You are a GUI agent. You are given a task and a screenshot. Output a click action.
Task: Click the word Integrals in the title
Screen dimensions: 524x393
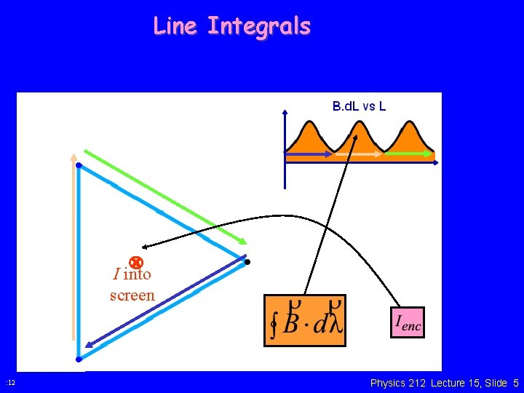(258, 27)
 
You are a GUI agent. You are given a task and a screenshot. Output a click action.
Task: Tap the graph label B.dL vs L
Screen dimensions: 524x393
(359, 106)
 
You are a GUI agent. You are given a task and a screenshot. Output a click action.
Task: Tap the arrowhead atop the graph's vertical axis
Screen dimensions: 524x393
(285, 112)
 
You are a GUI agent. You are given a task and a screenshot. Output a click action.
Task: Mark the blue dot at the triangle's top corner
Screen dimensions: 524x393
(79, 166)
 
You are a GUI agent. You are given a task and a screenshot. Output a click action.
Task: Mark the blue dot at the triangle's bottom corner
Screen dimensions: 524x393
(79, 359)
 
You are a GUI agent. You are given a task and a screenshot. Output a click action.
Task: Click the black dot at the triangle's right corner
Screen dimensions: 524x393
(247, 261)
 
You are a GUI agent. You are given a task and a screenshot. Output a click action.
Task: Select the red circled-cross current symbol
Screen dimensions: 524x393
(135, 262)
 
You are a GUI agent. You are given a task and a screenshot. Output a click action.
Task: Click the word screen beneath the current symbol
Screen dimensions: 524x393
(132, 295)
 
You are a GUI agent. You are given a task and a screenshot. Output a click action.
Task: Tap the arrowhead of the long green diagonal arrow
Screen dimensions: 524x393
(243, 242)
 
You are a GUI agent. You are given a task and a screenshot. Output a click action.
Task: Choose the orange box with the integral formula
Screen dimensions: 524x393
(305, 320)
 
